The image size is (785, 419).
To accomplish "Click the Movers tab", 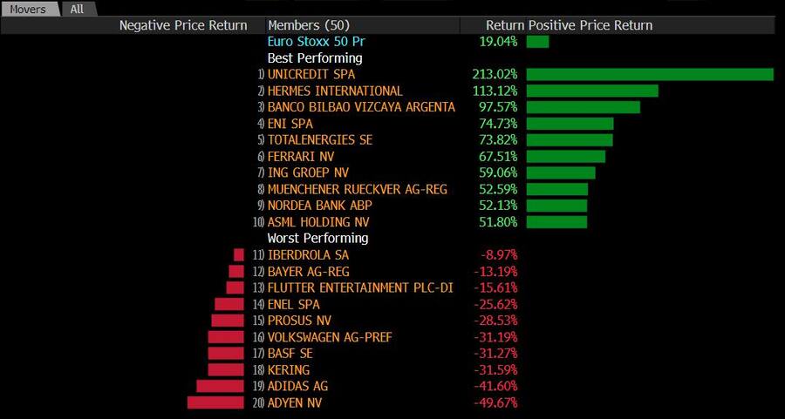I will (x=28, y=9).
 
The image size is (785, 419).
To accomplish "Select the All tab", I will (x=78, y=9).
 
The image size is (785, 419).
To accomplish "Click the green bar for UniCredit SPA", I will (x=650, y=75).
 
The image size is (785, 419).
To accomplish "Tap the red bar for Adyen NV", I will (x=215, y=402).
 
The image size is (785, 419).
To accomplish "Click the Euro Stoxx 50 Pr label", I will (x=310, y=42).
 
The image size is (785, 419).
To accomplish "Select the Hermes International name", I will (x=335, y=91).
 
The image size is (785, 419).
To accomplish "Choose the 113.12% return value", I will (x=495, y=91).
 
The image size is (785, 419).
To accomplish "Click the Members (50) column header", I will (x=311, y=25).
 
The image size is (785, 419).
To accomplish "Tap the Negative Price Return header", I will (x=183, y=25).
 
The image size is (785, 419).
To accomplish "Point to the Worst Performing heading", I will (x=317, y=239).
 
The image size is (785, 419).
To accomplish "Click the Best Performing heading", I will (x=315, y=58).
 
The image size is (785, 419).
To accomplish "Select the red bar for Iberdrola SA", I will (x=239, y=255).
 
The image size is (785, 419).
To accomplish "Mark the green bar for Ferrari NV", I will (x=566, y=157).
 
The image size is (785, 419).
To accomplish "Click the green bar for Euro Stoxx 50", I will (x=537, y=42).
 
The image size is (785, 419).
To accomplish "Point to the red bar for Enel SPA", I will (x=229, y=305).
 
